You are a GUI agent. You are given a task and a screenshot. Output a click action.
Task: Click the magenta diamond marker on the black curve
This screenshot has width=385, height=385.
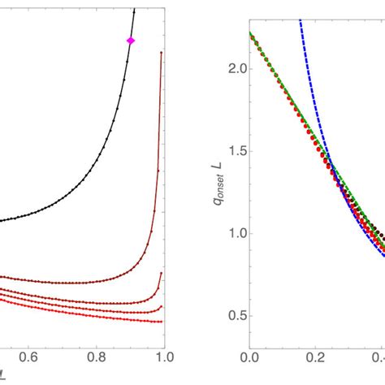[130, 40]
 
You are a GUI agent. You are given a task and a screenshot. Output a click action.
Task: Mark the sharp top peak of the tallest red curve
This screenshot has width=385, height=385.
[162, 52]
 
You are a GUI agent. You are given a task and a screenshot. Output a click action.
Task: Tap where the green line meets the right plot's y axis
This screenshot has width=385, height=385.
[251, 33]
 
